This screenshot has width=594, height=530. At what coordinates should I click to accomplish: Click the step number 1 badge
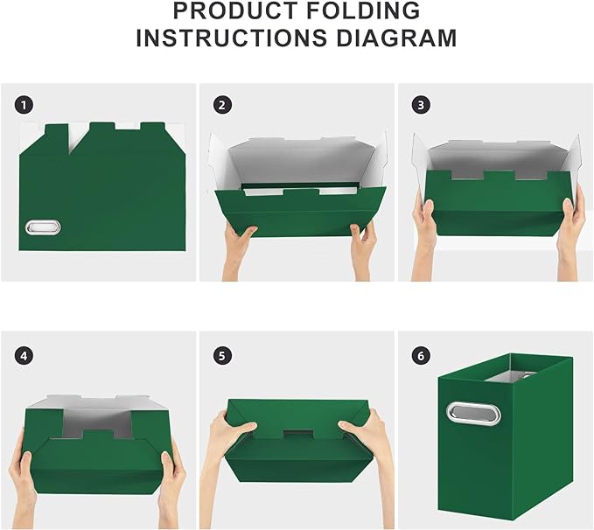click(24, 105)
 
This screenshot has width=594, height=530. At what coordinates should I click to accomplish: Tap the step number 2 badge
click(222, 105)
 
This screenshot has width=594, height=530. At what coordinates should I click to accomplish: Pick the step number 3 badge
click(421, 105)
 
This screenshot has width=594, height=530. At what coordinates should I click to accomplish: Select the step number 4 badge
click(24, 355)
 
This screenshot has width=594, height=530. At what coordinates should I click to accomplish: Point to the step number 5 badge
click(222, 355)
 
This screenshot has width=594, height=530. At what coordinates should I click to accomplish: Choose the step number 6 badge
click(421, 355)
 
